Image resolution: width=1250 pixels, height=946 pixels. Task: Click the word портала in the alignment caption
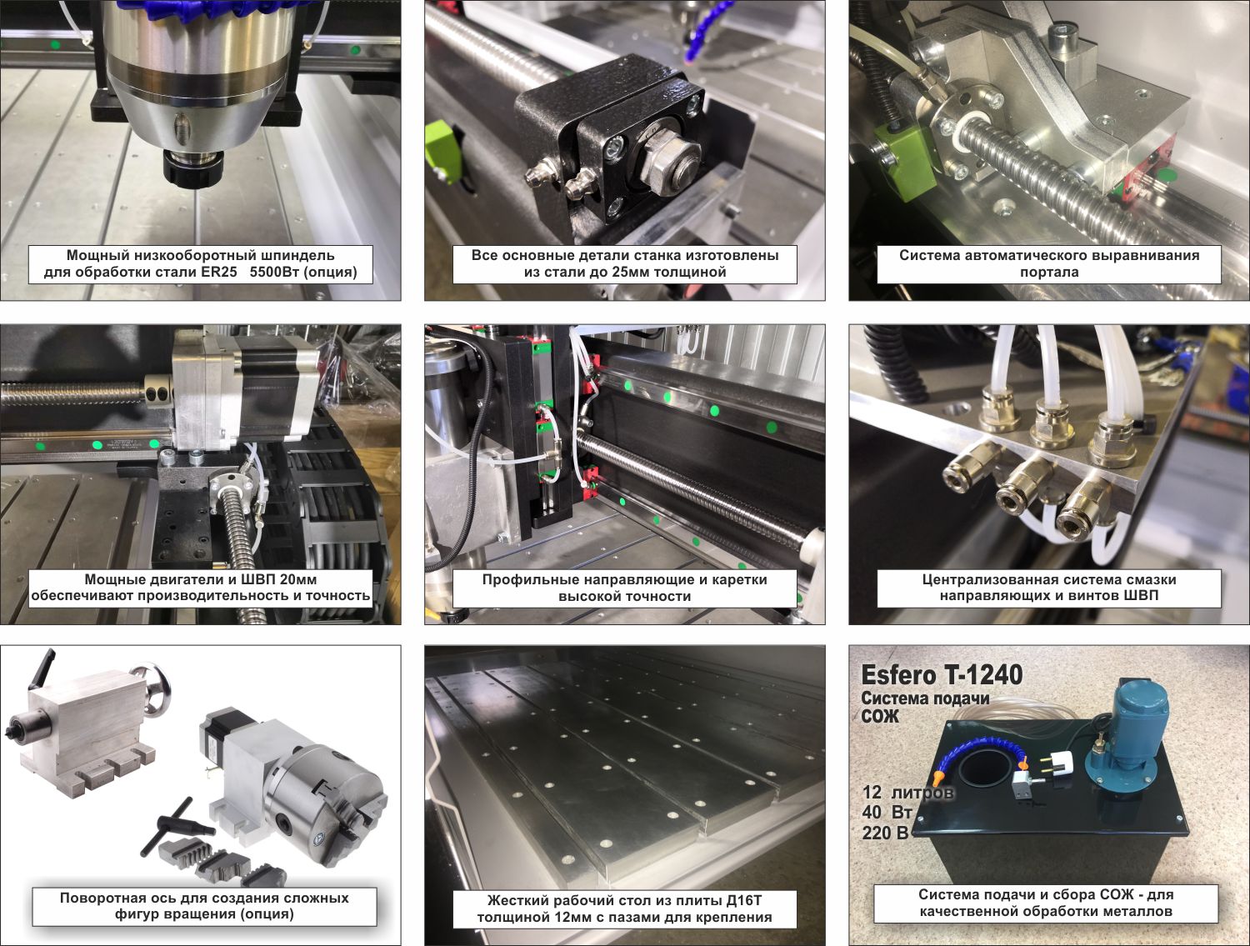click(x=1049, y=273)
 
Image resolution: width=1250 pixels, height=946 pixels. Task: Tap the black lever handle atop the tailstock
click(x=42, y=670)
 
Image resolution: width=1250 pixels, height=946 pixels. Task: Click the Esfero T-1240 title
click(x=942, y=675)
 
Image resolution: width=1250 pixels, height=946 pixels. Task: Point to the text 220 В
click(x=885, y=833)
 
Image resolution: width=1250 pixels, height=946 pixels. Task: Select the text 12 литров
click(x=907, y=793)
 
